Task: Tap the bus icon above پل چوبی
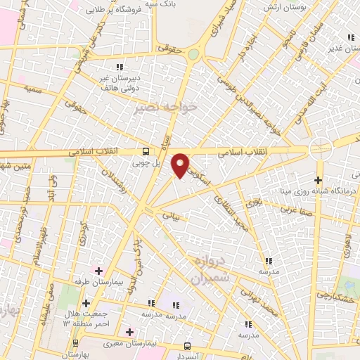pyautogui.click(x=146, y=151)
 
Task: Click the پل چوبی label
pyautogui.click(x=147, y=162)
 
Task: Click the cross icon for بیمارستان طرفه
pyautogui.click(x=98, y=271)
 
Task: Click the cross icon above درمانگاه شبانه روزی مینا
pyautogui.click(x=319, y=179)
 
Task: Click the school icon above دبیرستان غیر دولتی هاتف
pyautogui.click(x=119, y=67)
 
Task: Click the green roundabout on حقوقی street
pyautogui.click(x=193, y=56)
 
